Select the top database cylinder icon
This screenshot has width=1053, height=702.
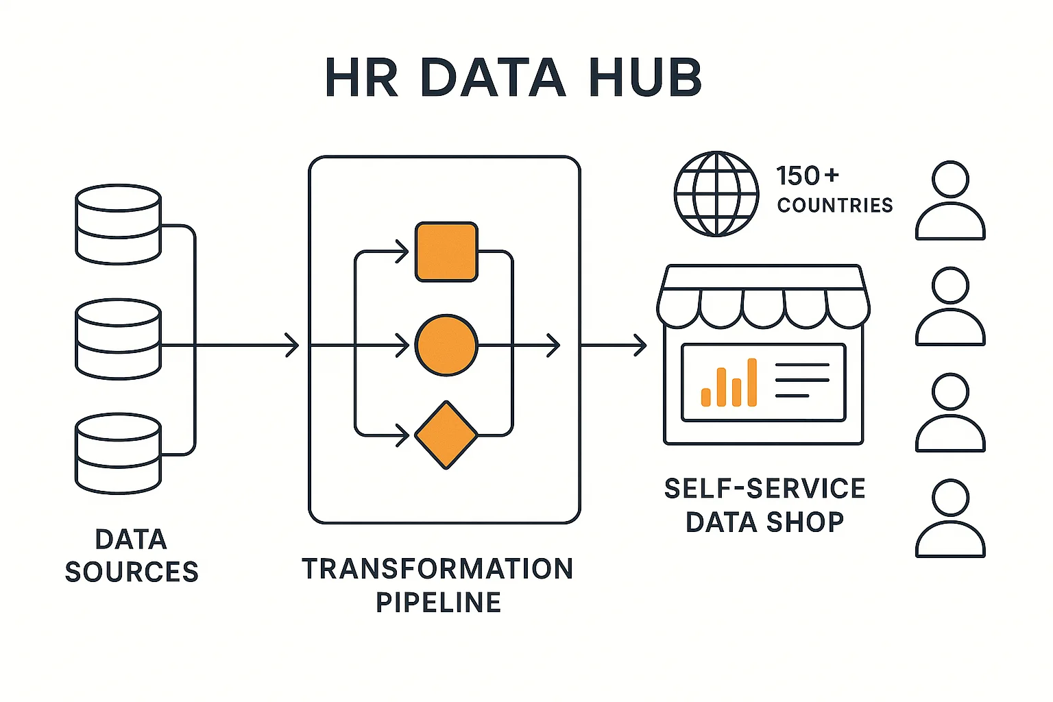point(118,224)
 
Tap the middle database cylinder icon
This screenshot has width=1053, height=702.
point(118,339)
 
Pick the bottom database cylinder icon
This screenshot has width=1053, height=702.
point(118,453)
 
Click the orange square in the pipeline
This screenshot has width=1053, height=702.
point(446,252)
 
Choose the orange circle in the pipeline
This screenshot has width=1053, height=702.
point(446,345)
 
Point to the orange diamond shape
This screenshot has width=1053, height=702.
point(446,435)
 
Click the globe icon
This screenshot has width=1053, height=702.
point(716,194)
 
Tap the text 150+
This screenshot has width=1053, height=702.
point(807,176)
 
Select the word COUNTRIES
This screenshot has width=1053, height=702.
point(835,205)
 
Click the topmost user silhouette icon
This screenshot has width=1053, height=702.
point(950,200)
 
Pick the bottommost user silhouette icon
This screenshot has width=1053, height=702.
point(950,518)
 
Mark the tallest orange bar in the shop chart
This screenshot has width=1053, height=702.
point(751,382)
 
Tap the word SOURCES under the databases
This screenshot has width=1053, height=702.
point(132,572)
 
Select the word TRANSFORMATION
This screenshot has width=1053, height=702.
point(437,569)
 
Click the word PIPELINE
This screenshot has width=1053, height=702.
point(439,603)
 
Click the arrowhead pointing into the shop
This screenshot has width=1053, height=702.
point(640,345)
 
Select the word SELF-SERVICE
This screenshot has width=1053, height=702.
point(764,489)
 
